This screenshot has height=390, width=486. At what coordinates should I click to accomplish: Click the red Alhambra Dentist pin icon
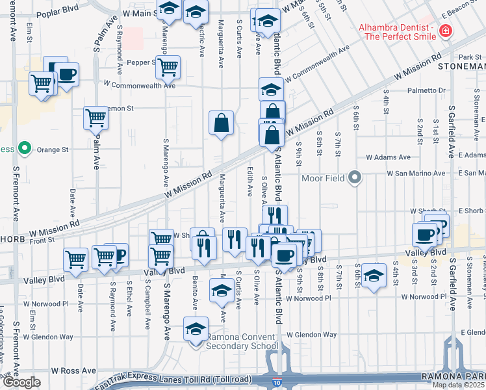pos(445,30)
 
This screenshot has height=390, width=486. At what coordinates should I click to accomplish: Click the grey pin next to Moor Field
pos(354,177)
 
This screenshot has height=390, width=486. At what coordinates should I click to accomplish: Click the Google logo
pos(21,383)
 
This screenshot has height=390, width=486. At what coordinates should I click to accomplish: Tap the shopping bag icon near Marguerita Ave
pos(222,122)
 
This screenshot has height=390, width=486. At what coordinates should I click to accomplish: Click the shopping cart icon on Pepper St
pos(168,66)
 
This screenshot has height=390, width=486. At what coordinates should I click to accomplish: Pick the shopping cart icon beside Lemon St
pos(96,118)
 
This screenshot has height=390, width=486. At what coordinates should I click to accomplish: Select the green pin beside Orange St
pos(25,149)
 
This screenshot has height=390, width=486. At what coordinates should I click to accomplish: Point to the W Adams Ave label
pos(388,157)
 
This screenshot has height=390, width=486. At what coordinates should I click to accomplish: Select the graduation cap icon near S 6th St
pos(373,274)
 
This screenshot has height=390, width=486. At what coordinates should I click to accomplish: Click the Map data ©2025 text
pos(457,385)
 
